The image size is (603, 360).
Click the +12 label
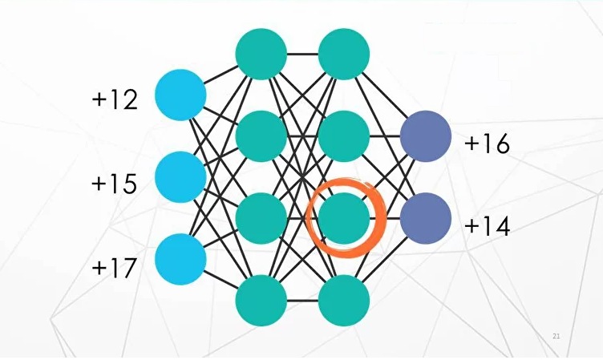115,99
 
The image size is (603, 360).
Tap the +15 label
115,184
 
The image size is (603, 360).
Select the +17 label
115,266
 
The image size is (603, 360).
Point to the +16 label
487,144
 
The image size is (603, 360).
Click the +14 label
487,226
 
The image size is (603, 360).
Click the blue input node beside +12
180,95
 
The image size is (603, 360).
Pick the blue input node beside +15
180,177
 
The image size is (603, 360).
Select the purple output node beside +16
426,136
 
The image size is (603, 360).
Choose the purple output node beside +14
426,219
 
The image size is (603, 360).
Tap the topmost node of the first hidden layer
261,55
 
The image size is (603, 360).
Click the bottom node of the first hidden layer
261,301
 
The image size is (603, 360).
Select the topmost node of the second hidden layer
344,55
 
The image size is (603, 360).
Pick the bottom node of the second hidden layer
344,301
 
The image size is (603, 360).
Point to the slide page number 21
556,335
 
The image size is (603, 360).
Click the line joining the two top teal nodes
302,55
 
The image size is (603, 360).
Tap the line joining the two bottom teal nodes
302,301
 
